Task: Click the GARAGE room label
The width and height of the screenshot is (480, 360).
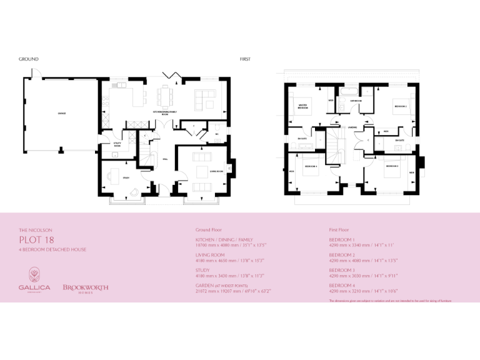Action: (x=62, y=113)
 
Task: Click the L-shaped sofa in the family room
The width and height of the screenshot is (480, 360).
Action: (x=204, y=97)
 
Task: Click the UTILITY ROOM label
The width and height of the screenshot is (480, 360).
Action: (x=116, y=144)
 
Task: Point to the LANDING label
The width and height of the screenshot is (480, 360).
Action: (x=352, y=127)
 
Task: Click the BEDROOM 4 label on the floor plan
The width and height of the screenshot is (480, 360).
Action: (x=311, y=166)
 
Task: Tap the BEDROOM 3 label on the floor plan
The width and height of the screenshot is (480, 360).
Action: (x=392, y=166)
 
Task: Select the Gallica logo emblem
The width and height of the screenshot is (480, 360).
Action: (x=35, y=275)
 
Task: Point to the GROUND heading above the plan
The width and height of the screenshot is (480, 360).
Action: (x=29, y=59)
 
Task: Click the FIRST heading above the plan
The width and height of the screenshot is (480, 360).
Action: (x=245, y=59)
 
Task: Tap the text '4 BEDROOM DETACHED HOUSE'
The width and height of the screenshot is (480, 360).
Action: (x=52, y=249)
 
